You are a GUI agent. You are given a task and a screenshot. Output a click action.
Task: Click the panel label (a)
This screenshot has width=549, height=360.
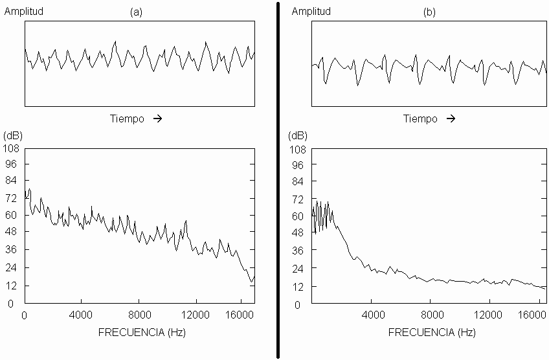[136, 12]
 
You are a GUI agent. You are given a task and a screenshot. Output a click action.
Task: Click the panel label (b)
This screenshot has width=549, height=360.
[429, 12]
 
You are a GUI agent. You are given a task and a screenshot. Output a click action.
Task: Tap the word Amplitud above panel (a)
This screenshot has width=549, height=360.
[24, 11]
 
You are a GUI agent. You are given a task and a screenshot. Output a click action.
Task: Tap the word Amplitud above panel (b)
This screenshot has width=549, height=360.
[311, 11]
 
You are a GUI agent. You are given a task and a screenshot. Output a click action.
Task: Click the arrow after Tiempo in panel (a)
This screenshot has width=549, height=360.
[157, 118]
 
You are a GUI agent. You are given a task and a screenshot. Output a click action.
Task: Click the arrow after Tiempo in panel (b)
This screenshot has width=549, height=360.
[451, 118]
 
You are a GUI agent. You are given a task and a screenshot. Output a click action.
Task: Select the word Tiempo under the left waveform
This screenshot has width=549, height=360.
[127, 119]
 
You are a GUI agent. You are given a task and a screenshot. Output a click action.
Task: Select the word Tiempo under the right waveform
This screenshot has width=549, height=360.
[420, 119]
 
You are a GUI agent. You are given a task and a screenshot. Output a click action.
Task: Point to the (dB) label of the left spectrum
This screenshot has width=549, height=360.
[12, 135]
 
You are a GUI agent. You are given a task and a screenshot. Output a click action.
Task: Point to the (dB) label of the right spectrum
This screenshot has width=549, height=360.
[298, 135]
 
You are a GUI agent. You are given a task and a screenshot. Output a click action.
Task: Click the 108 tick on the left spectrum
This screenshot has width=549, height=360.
[11, 148]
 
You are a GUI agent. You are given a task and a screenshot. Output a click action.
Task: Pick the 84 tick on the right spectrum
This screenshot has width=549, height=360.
[298, 181]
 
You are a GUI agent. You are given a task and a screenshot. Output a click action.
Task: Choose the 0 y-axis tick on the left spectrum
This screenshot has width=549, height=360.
[10, 304]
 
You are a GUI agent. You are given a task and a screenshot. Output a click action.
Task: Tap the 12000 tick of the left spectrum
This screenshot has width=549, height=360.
[195, 315]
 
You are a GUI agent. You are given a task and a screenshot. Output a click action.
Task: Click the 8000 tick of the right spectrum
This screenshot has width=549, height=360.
[432, 315]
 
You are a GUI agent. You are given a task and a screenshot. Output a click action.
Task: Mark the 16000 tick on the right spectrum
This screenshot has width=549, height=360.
[532, 315]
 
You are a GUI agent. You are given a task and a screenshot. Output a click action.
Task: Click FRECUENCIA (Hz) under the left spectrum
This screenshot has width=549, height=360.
[142, 332]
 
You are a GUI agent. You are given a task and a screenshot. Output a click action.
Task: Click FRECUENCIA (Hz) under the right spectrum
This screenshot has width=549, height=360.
[432, 332]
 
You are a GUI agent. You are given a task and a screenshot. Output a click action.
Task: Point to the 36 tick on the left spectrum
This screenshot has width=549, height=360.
[11, 249]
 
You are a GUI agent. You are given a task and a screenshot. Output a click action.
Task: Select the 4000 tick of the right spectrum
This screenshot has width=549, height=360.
[374, 315]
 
